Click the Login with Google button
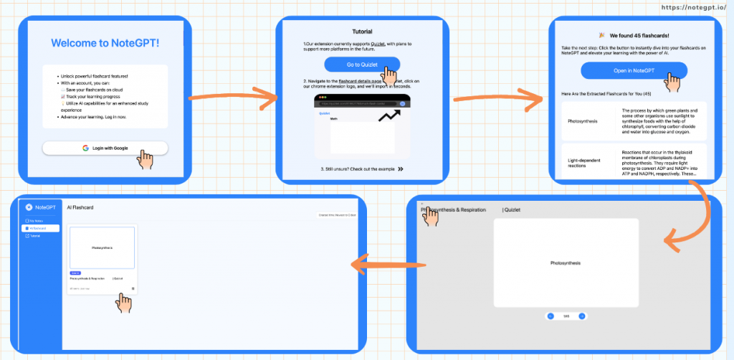click(x=105, y=148)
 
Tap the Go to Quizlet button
click(x=361, y=65)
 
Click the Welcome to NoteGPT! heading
click(x=105, y=43)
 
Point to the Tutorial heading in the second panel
click(x=362, y=32)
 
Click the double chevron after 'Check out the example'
click(x=400, y=169)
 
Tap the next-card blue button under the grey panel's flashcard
click(x=582, y=316)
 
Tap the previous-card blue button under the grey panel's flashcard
click(x=550, y=316)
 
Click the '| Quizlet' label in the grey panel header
click(x=511, y=210)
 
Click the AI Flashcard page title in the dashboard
click(x=80, y=207)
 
